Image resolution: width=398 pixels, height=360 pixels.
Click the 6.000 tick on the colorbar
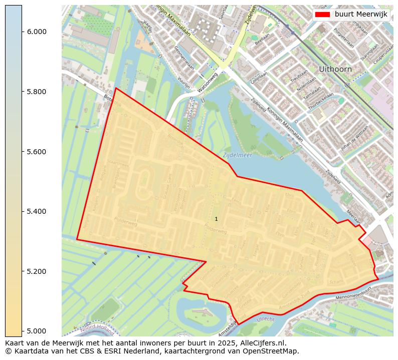[x=37, y=32]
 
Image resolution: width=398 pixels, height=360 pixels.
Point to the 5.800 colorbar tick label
[x=37, y=92]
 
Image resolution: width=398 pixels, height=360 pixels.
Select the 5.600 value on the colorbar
[x=37, y=152]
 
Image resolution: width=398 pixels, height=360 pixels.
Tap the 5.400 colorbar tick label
[x=37, y=211]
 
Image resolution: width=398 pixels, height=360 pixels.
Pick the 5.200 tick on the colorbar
[x=37, y=271]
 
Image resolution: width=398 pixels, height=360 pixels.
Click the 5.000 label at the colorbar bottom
[x=37, y=331]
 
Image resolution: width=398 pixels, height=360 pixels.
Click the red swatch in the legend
[x=322, y=15]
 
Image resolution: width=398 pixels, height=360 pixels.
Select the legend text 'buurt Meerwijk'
[x=361, y=15]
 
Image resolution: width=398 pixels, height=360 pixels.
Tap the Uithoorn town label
[x=335, y=69]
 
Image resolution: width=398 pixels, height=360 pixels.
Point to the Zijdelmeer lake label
[x=238, y=155]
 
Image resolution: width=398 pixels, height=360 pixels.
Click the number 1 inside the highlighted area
[x=216, y=219]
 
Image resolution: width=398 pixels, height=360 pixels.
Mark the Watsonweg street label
[x=208, y=84]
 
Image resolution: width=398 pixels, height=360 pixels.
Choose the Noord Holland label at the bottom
[x=97, y=329]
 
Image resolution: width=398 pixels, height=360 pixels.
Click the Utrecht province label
[x=266, y=319]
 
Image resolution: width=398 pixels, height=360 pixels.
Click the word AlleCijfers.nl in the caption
[x=258, y=343]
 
